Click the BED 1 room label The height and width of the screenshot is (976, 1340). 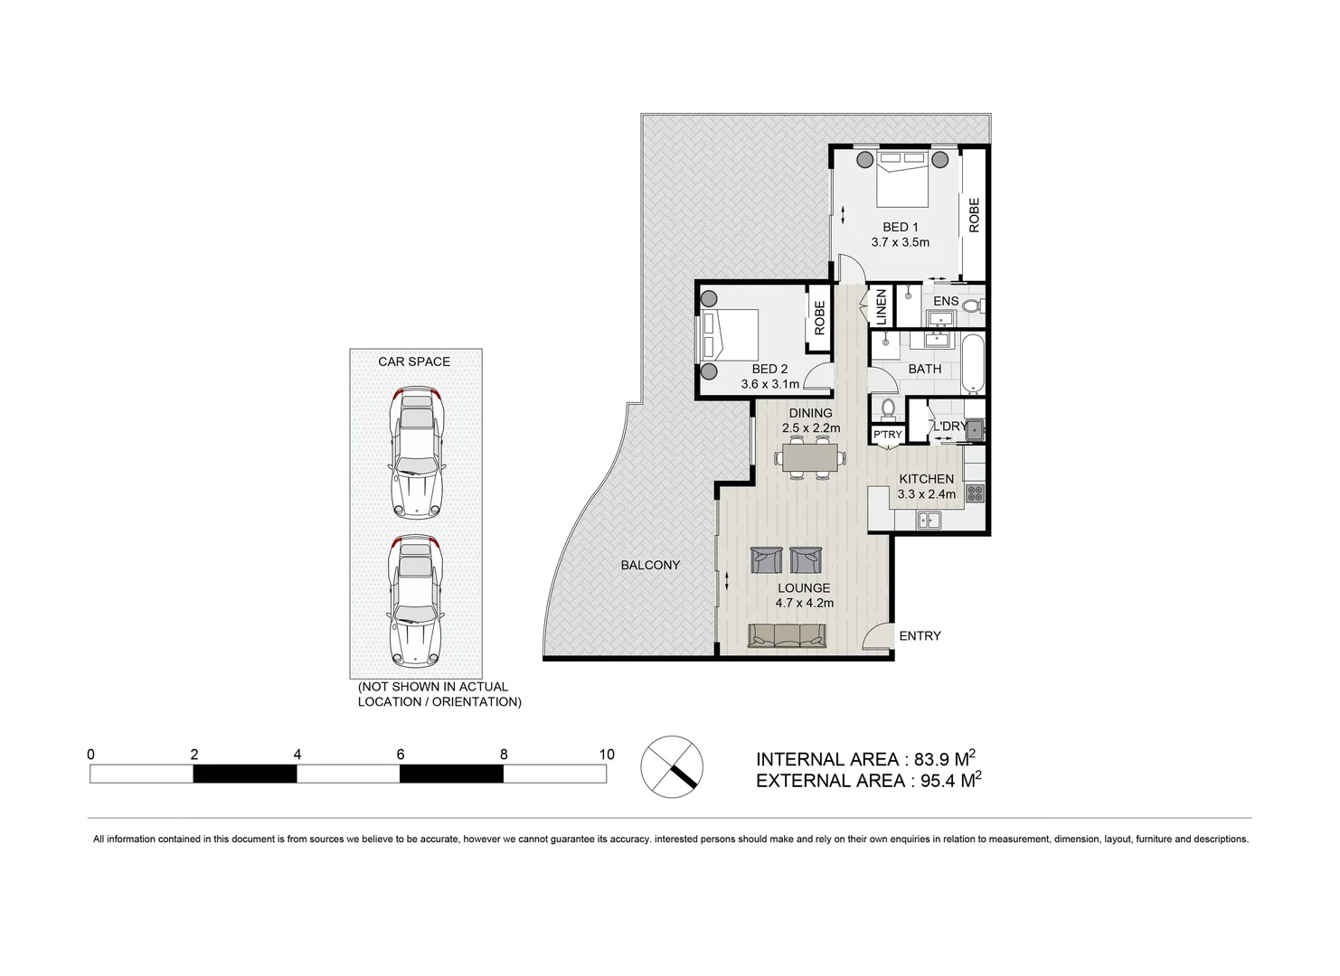pos(900,227)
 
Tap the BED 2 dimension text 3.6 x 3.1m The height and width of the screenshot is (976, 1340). pos(769,384)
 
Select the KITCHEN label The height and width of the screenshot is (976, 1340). pos(926,479)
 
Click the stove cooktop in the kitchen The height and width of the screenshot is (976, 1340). pos(975,493)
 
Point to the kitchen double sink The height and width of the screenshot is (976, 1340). pos(929,520)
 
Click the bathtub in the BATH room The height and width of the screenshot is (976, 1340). pos(974,364)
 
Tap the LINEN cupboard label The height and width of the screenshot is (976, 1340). pos(882,306)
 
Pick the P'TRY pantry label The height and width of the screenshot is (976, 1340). pos(887,435)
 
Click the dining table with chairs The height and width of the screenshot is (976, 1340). pos(810,457)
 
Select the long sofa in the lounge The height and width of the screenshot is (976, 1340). pos(787,635)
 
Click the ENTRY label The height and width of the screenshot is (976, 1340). pos(920,636)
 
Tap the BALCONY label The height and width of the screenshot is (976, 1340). pos(650,565)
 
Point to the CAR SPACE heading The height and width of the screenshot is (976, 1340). pos(414,361)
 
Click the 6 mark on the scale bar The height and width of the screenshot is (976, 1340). pos(401,755)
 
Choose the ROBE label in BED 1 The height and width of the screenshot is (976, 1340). pos(974,215)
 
